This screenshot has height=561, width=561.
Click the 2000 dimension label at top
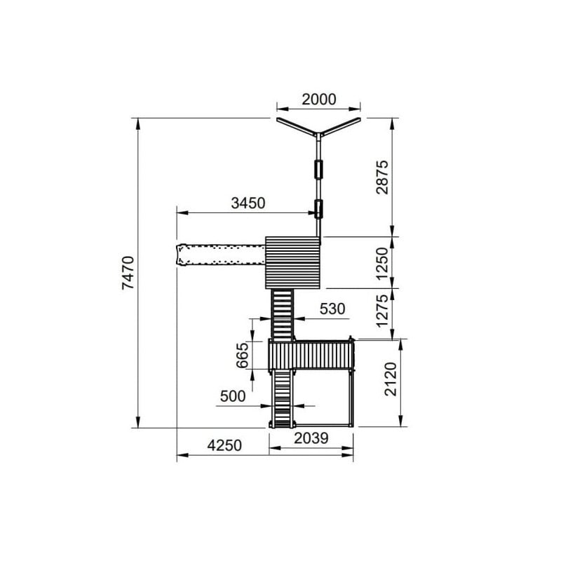pos(319,100)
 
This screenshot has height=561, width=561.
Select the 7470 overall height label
pos(128,273)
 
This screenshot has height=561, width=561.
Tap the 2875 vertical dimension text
pos(382,177)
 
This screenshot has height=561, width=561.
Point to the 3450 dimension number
pos(248,203)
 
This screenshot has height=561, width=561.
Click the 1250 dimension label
pos(382,264)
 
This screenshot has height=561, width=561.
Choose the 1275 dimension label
pos(382,311)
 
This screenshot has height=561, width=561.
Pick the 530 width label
pos(332,309)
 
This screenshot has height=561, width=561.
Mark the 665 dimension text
pos(242,356)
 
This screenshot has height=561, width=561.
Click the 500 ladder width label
pos(233,396)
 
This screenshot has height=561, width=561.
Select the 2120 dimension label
pos(391,379)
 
